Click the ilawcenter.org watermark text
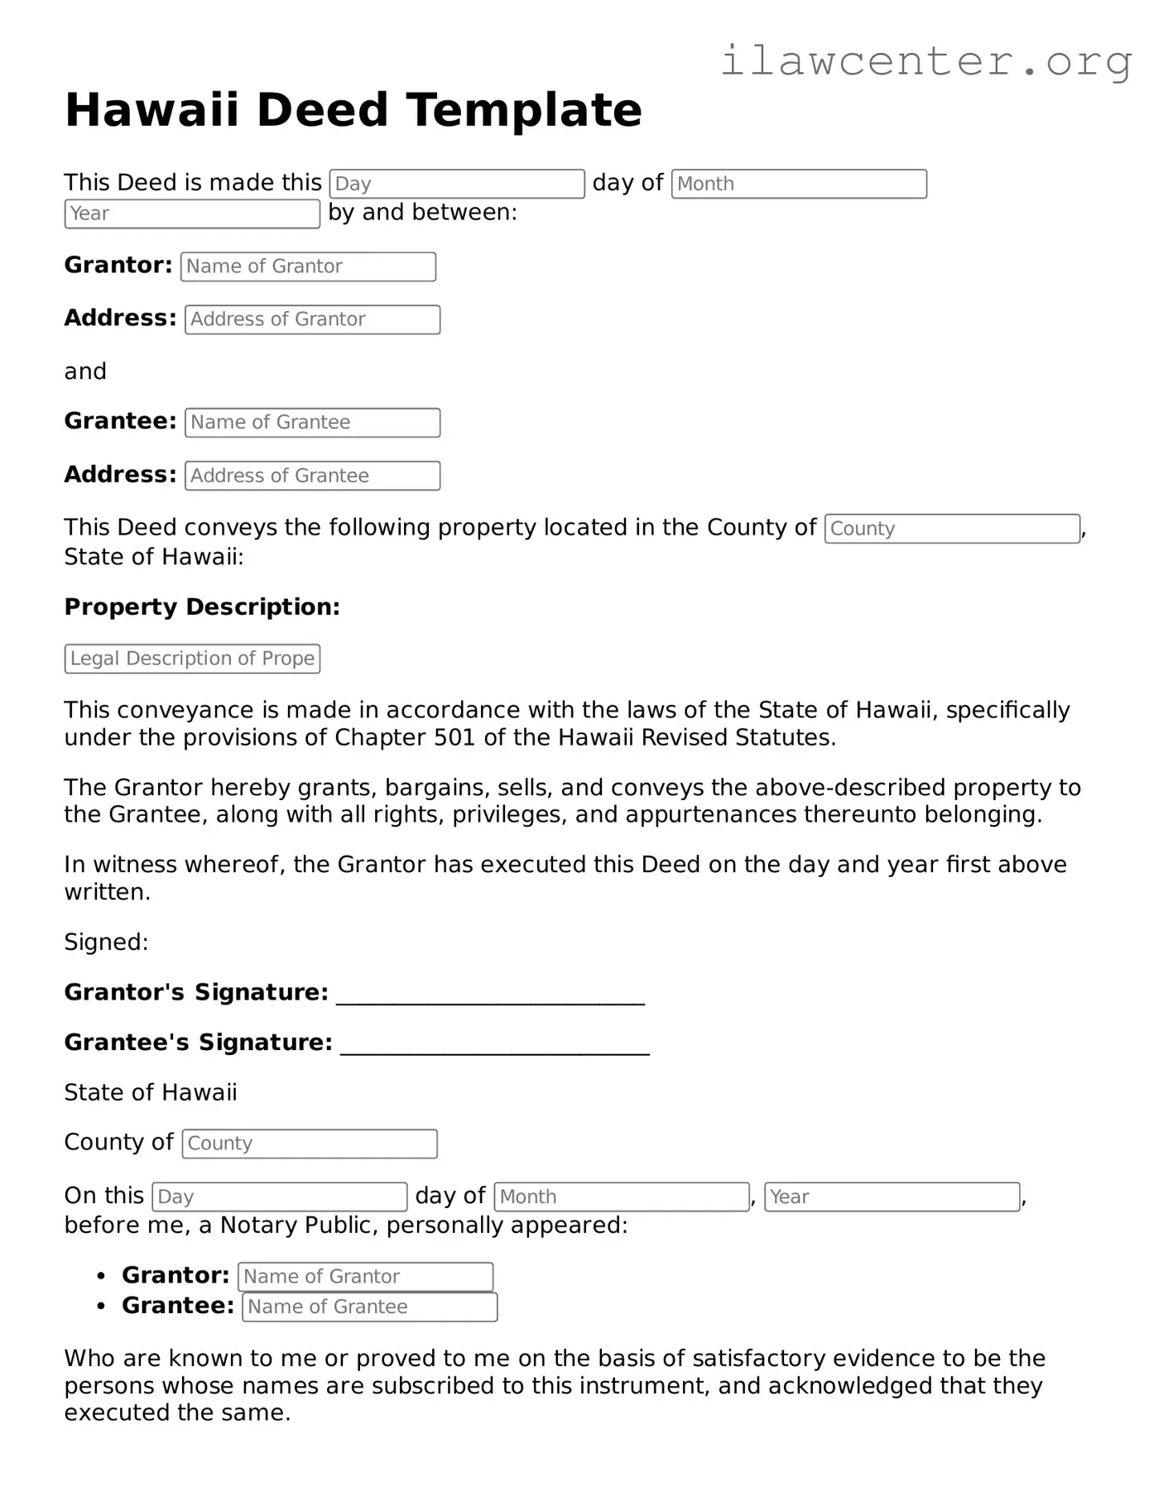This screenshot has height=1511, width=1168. pyautogui.click(x=925, y=61)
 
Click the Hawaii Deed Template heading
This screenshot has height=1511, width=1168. pyautogui.click(x=353, y=110)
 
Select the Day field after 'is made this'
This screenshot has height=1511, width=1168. pyautogui.click(x=457, y=184)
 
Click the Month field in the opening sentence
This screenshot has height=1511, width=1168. pyautogui.click(x=799, y=184)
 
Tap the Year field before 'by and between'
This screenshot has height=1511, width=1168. pyautogui.click(x=192, y=213)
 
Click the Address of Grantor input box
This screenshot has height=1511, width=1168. pyautogui.click(x=312, y=319)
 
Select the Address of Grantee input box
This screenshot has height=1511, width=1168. pyautogui.click(x=312, y=476)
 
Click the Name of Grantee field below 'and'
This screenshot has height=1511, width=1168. pyautogui.click(x=312, y=423)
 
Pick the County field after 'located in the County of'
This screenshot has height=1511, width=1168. pyautogui.click(x=952, y=529)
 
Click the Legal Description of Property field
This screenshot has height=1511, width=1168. pyautogui.click(x=192, y=659)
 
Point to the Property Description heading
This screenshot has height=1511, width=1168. pyautogui.click(x=202, y=607)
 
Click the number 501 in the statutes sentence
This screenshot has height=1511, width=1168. pyautogui.click(x=454, y=738)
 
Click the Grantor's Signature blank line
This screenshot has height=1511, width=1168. pyautogui.click(x=490, y=995)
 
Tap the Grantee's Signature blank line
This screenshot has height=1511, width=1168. pyautogui.click(x=494, y=1045)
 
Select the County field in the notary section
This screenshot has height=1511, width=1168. pyautogui.click(x=310, y=1144)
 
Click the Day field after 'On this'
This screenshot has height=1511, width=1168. pyautogui.click(x=280, y=1197)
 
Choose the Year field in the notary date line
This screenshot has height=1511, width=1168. pyautogui.click(x=892, y=1197)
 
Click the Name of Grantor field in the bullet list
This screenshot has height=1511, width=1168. pyautogui.click(x=365, y=1277)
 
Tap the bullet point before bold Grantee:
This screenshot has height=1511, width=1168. pyautogui.click(x=101, y=1307)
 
